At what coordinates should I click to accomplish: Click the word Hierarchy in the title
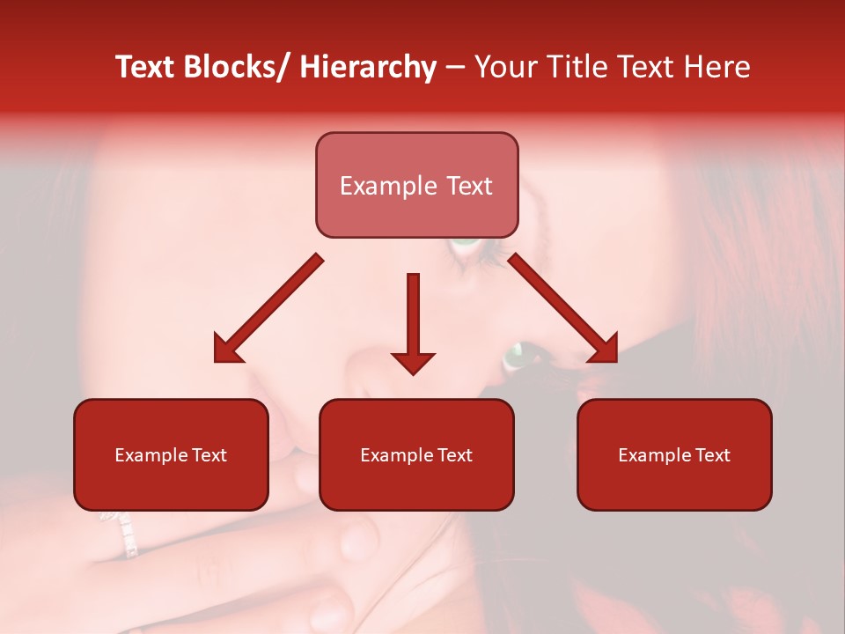368,67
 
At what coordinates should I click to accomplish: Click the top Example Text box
416,186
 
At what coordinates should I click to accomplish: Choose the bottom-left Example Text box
171,455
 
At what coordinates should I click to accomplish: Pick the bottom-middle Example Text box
416,455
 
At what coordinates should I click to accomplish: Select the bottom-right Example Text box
674,455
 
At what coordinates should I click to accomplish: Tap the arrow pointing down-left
268,309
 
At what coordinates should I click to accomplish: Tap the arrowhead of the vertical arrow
413,362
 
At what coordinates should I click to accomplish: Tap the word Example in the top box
377,186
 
